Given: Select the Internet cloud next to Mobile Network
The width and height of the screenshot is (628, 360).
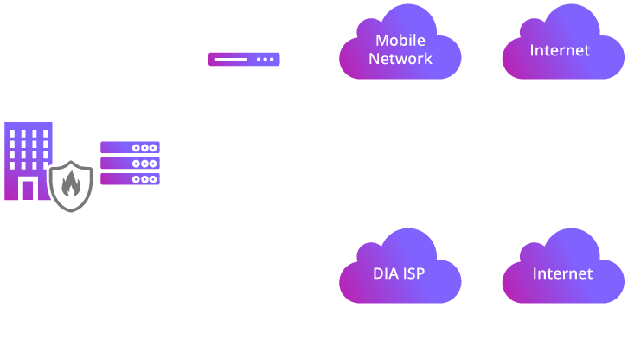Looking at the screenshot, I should (x=561, y=49).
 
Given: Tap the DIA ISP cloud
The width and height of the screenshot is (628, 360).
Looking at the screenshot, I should (x=397, y=273).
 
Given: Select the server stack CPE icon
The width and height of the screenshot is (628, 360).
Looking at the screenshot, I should (x=131, y=165).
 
